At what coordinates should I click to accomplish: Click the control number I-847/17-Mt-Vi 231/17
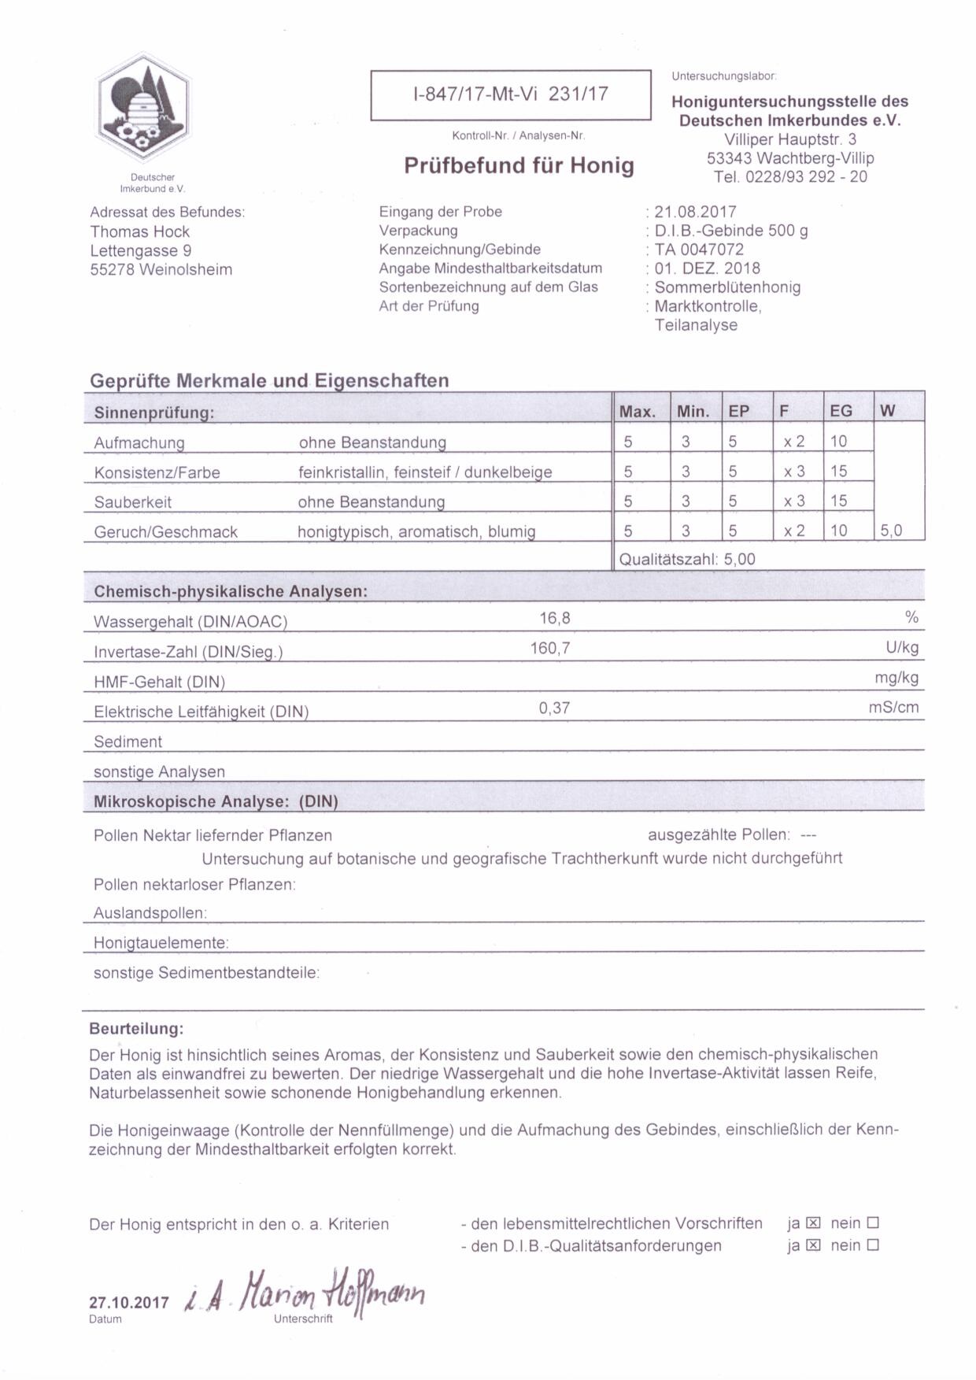[x=510, y=94]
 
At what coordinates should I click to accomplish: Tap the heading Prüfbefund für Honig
[x=519, y=165]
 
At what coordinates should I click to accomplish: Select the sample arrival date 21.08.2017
[x=695, y=212]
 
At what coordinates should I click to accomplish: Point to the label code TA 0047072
[x=699, y=250]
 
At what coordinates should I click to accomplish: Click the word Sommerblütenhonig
[x=727, y=287]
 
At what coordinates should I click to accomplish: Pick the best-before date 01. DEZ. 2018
[x=707, y=268]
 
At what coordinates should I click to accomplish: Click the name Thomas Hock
[x=139, y=231]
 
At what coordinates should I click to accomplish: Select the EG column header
[x=841, y=411]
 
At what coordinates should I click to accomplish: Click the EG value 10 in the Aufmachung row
[x=838, y=442]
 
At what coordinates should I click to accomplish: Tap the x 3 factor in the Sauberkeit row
[x=793, y=501]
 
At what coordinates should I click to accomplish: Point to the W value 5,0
[x=891, y=531]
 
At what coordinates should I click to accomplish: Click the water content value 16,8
[x=554, y=619]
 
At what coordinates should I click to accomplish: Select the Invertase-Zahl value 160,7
[x=550, y=649]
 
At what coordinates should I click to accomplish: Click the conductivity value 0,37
[x=554, y=708]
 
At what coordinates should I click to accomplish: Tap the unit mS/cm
[x=893, y=708]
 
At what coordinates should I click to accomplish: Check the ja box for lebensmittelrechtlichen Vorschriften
[x=814, y=1223]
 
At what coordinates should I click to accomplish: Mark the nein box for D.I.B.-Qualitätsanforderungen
[x=872, y=1245]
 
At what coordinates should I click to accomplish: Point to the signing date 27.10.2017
[x=128, y=1302]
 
